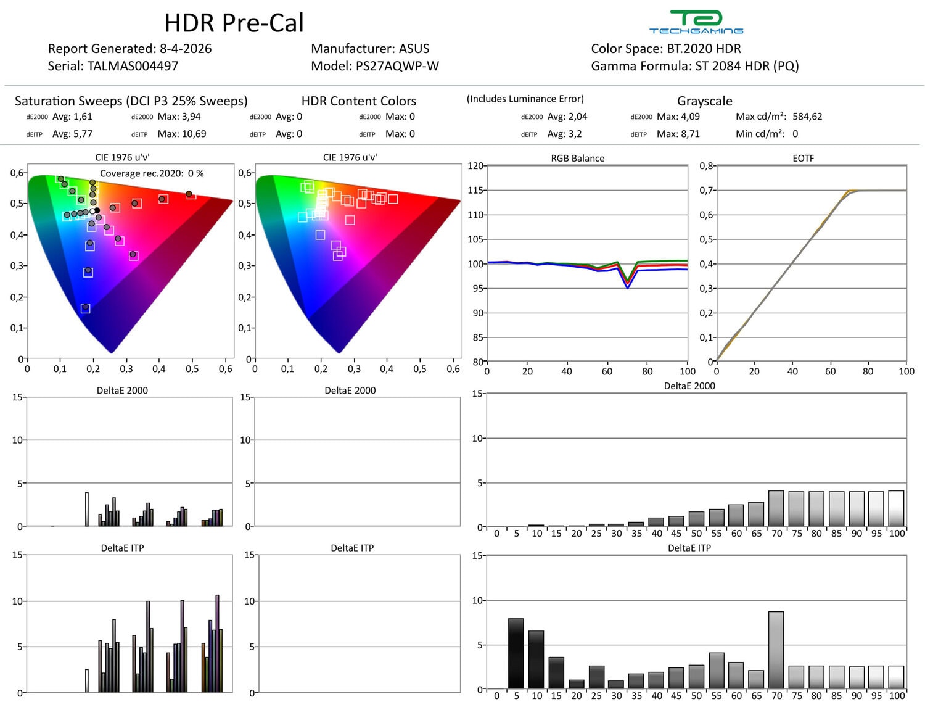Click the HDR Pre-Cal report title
234,23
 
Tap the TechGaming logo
696,22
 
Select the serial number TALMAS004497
133,66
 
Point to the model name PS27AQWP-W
397,66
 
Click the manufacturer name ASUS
414,49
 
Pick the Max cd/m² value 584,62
807,117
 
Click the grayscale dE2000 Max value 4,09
686,117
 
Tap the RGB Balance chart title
577,158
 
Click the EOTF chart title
803,158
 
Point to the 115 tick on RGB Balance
475,190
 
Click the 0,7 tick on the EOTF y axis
706,190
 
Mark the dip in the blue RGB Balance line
627,287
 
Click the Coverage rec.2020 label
142,173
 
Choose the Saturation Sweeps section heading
131,101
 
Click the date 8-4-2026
186,49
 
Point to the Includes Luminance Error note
525,99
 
